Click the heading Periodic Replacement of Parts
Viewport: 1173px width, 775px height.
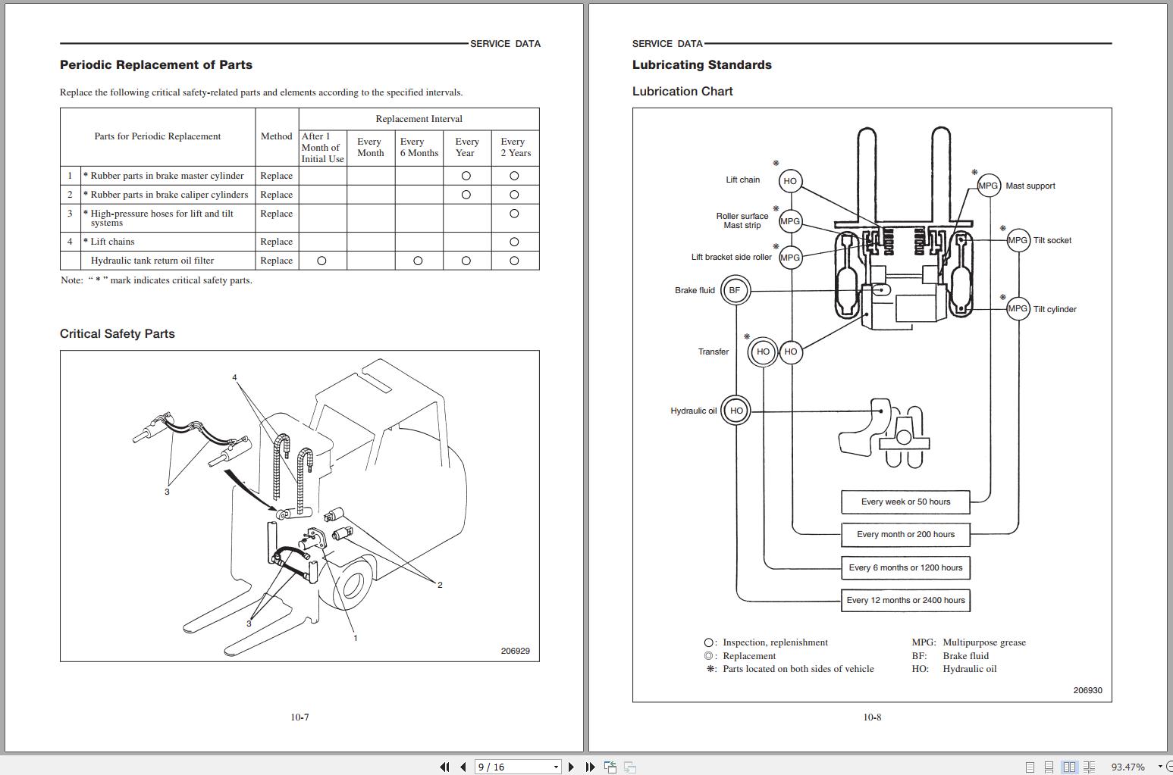click(x=156, y=65)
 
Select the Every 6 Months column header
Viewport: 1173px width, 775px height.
click(x=419, y=147)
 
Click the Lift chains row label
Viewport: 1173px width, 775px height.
click(x=112, y=242)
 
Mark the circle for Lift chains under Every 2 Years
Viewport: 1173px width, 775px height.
click(x=514, y=242)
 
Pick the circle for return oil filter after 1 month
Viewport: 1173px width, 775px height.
click(x=321, y=261)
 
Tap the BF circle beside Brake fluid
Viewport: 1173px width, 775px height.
click(x=735, y=290)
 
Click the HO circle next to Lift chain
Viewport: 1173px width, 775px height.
click(x=790, y=181)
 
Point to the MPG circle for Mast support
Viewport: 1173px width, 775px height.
click(x=988, y=186)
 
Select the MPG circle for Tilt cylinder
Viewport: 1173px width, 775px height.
click(x=1018, y=308)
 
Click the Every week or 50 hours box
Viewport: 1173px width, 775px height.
click(x=905, y=502)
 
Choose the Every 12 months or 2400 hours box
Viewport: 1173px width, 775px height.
click(x=905, y=600)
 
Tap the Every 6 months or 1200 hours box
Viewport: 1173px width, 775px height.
click(x=905, y=567)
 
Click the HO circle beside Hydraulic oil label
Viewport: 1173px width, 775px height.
click(x=735, y=411)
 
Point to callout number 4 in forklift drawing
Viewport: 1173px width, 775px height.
click(x=234, y=377)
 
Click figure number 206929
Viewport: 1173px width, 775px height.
click(x=515, y=651)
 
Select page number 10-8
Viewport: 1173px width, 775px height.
click(x=872, y=717)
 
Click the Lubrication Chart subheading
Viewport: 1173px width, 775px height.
click(x=682, y=92)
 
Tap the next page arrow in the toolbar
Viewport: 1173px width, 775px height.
click(x=572, y=767)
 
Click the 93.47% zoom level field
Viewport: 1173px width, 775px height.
click(x=1128, y=767)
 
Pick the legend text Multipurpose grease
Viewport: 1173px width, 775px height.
click(x=983, y=642)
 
